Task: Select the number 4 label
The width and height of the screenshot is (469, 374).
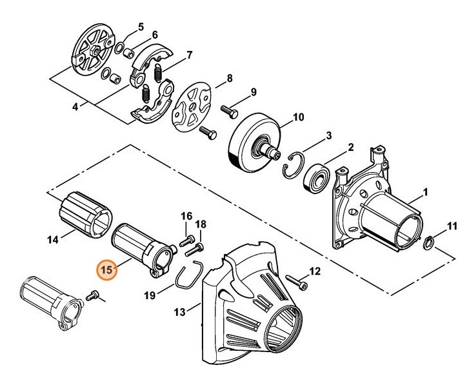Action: point(75,107)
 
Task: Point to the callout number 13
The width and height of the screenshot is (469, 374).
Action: point(179,312)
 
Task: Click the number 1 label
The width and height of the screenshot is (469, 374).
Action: point(425,193)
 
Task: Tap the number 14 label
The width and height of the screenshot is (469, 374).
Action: point(53,239)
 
